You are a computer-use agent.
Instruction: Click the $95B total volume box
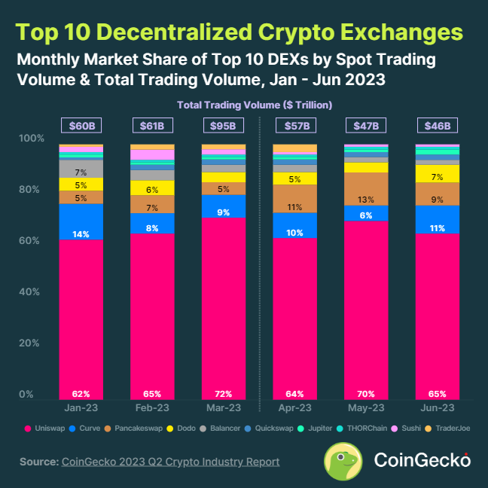coord(224,125)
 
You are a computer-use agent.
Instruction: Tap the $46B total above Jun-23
coord(437,125)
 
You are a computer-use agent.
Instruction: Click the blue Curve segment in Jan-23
coord(81,221)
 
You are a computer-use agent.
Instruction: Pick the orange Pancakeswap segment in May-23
coord(366,189)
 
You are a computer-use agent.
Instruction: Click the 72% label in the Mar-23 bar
coord(224,393)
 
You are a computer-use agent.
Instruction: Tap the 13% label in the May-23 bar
coord(366,200)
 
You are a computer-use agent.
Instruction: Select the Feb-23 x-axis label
coord(152,407)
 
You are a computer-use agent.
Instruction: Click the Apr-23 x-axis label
coord(294,407)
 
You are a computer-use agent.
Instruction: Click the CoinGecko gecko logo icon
coord(346,459)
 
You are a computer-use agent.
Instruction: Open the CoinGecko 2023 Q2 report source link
coord(171,461)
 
